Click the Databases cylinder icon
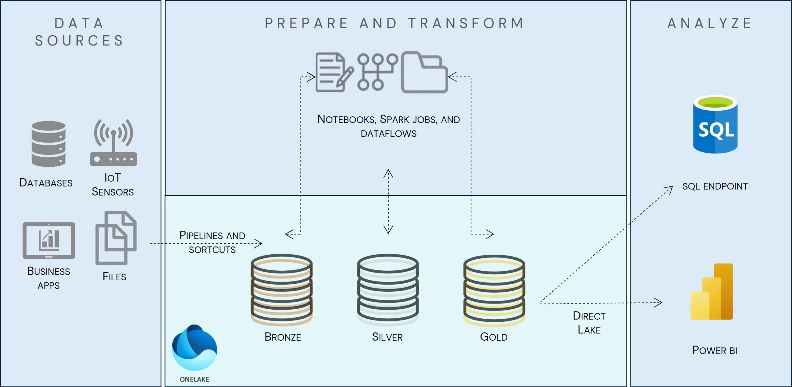48,144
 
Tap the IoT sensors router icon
114,143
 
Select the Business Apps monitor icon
49,240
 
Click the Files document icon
116,238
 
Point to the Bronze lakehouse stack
282,290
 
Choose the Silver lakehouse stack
388,290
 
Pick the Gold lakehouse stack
494,290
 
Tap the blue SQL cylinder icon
715,124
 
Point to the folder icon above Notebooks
424,72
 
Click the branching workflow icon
377,72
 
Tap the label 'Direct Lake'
589,323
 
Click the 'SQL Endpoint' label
715,186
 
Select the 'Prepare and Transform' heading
394,24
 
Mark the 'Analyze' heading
709,24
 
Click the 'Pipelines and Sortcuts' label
212,242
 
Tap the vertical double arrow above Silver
388,201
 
